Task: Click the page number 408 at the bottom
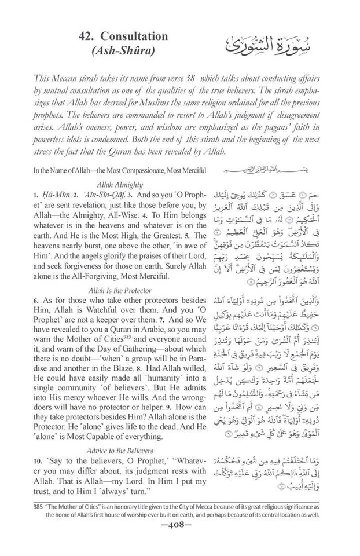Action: [x=180, y=531]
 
